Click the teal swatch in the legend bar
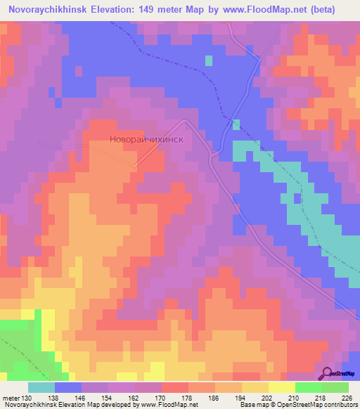pyautogui.click(x=41, y=387)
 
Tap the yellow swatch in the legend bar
pyautogui.click(x=282, y=387)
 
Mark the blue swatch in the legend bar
pyautogui.click(x=68, y=387)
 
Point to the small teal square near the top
pyautogui.click(x=209, y=60)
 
